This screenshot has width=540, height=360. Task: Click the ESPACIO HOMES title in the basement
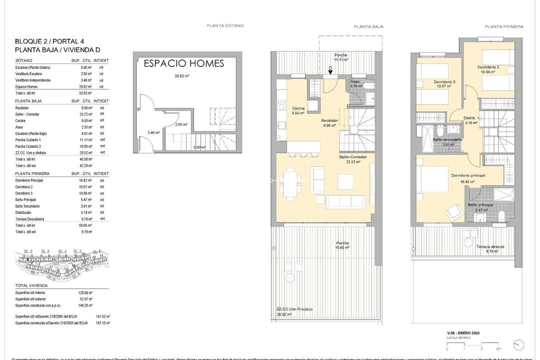tap(183, 63)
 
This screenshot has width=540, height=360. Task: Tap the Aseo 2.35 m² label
tap(355, 83)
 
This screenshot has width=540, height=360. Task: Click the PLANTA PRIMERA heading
tap(503, 26)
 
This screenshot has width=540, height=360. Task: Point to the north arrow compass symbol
tap(519, 345)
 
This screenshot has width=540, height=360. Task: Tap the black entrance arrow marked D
tap(330, 72)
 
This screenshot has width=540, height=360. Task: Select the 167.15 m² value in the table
tap(102, 323)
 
